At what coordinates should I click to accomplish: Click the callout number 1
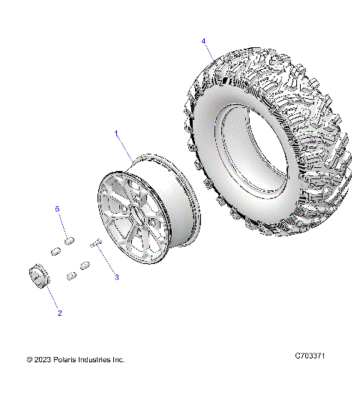[x=117, y=133]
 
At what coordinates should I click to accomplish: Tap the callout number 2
[x=59, y=312]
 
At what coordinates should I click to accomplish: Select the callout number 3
[x=116, y=277]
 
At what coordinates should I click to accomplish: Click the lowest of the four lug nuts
[x=72, y=277]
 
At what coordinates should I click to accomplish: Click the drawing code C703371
[x=310, y=359]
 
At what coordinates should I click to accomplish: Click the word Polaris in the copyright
[x=68, y=360]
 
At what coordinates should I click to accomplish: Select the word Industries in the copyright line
[x=100, y=360]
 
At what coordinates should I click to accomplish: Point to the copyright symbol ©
[x=29, y=360]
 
